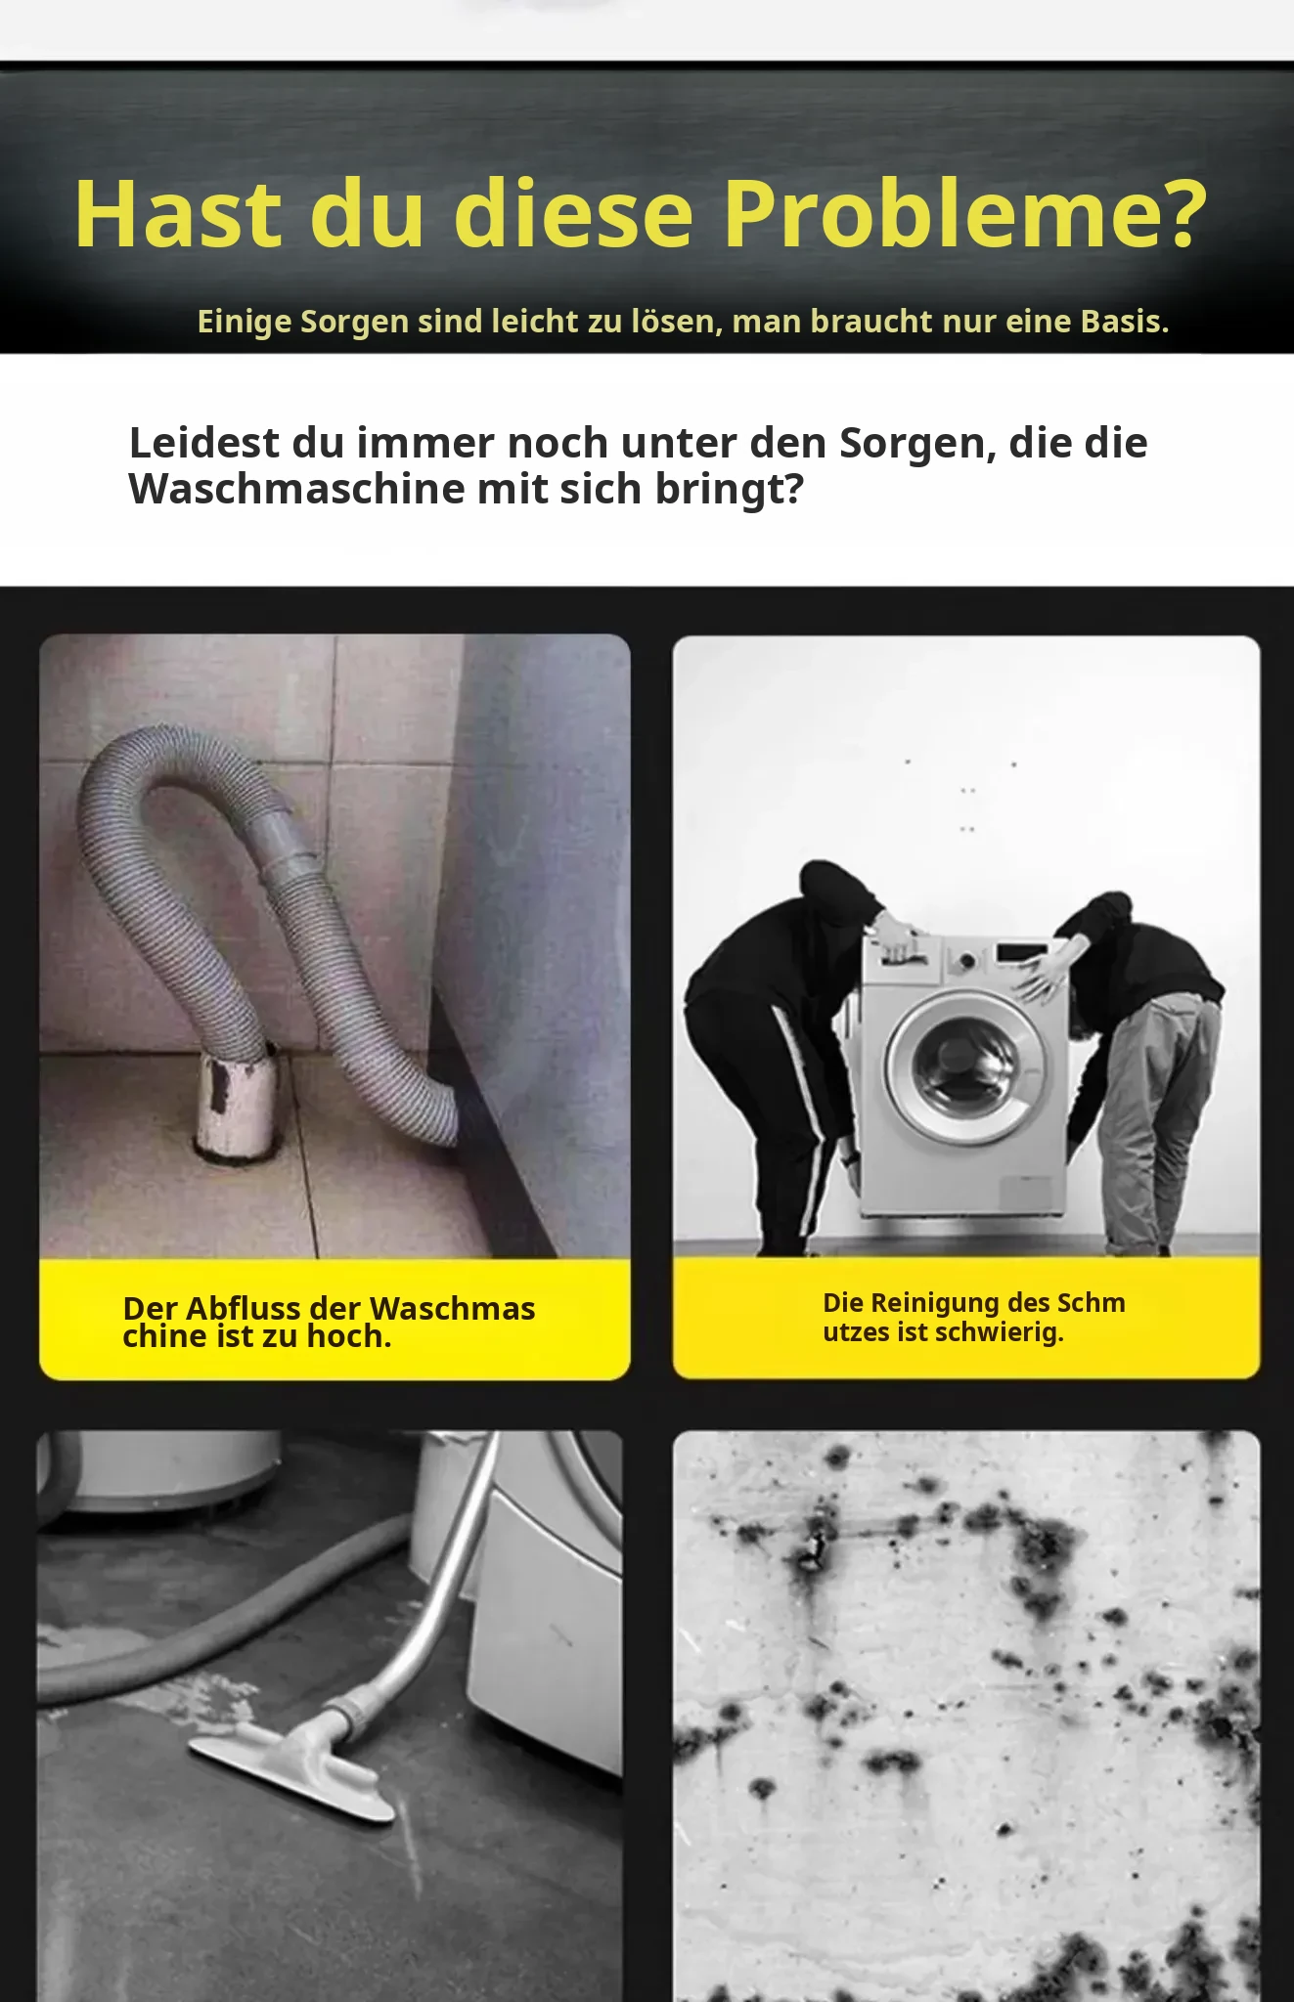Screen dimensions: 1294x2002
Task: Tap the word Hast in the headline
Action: coord(179,214)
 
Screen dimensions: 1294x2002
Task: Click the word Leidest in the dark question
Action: coord(203,443)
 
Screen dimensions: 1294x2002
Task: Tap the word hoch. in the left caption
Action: coord(349,1335)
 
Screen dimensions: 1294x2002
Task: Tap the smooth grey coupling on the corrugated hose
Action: coord(280,840)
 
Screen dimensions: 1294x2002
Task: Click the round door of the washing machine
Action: coord(964,1067)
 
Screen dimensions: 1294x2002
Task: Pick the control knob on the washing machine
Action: coord(966,960)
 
